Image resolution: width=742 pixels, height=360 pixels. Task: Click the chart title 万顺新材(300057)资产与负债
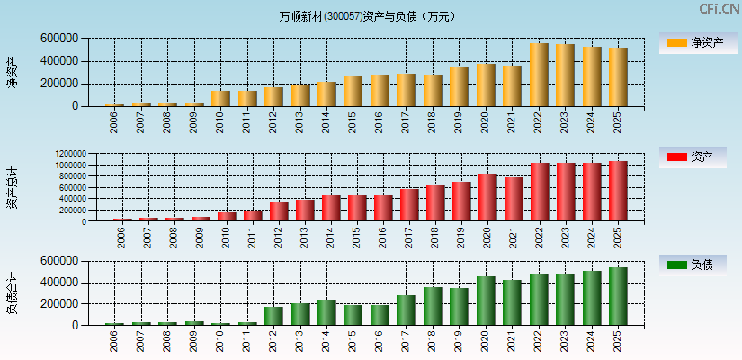(367, 16)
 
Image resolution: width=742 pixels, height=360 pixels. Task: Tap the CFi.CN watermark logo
(719, 9)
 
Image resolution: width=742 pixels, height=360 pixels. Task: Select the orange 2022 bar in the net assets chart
(539, 75)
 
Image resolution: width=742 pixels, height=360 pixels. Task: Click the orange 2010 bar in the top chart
(220, 98)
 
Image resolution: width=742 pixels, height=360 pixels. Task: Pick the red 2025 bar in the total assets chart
(618, 191)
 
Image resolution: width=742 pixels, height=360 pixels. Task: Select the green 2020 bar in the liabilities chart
(486, 301)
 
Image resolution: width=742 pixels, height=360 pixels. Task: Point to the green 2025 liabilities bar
(618, 296)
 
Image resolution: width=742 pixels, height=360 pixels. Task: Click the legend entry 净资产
(693, 42)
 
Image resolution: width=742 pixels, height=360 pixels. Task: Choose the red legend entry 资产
(693, 157)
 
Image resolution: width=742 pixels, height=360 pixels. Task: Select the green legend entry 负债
(693, 265)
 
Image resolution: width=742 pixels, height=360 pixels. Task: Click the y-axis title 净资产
(12, 72)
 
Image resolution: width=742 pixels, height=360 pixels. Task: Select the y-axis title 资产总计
(12, 187)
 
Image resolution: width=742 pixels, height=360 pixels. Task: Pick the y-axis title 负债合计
(12, 292)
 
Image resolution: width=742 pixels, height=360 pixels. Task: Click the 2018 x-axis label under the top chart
(432, 122)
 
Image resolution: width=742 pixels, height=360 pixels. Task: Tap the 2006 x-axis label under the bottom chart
(114, 341)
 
